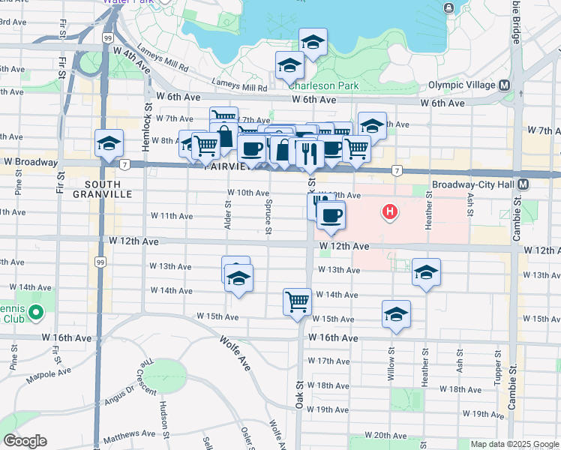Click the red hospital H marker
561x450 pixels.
(389, 212)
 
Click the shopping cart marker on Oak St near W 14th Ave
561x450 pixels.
(298, 301)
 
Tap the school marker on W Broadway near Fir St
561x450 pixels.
(109, 142)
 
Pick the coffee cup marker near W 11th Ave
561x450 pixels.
(330, 215)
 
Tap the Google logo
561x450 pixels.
(25, 441)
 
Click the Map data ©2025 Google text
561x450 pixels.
(514, 444)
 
